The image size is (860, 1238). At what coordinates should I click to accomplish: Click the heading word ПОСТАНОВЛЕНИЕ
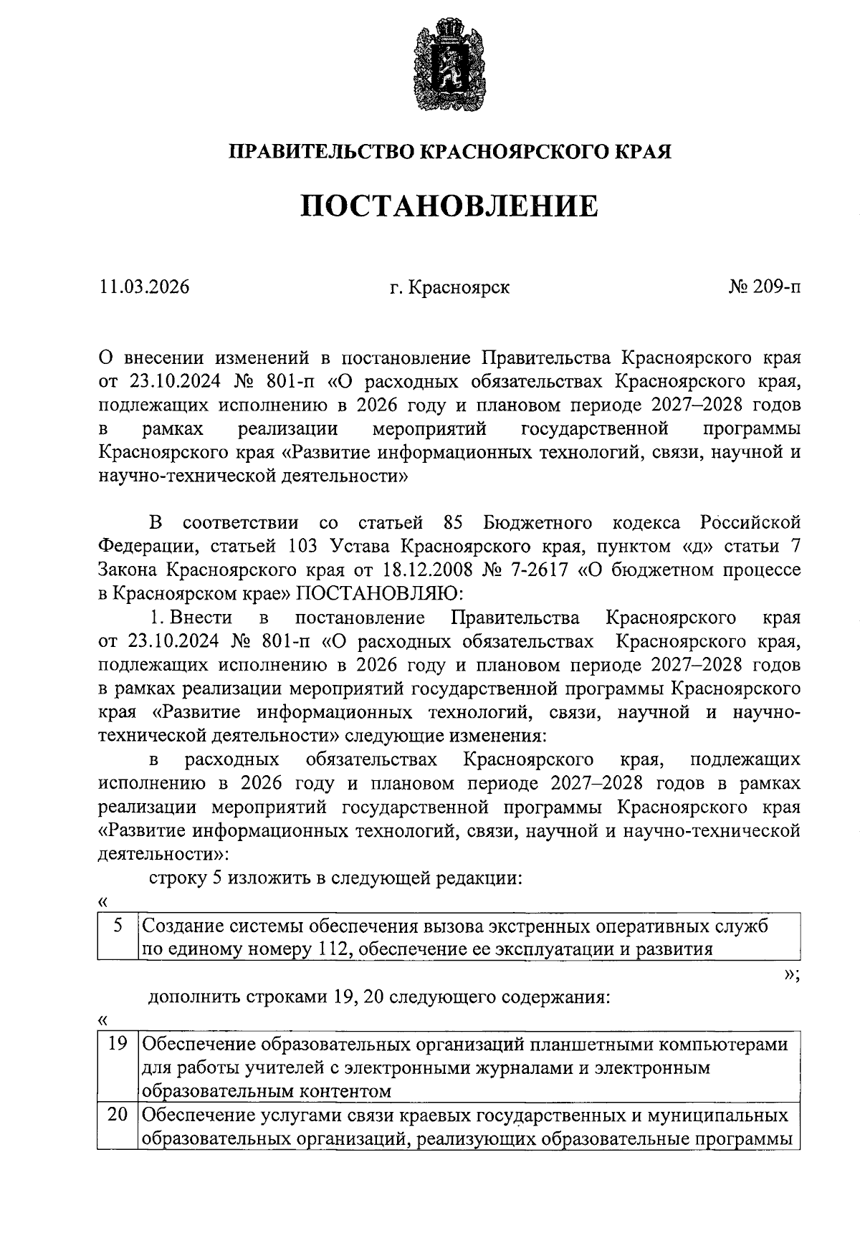click(x=448, y=206)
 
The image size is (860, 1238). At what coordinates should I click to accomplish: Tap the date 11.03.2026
click(x=145, y=287)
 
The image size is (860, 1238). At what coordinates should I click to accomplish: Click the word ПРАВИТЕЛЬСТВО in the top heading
click(x=321, y=152)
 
